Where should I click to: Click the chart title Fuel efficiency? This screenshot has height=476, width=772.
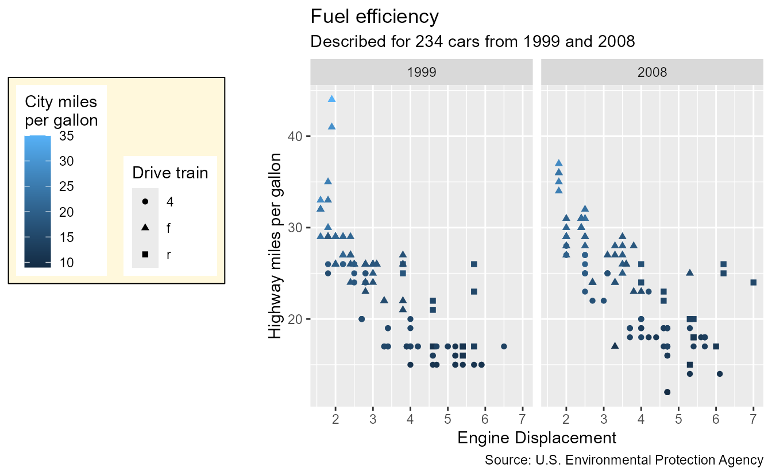(x=375, y=17)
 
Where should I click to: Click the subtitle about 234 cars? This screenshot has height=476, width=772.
(x=472, y=42)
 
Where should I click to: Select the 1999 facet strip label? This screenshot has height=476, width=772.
(x=422, y=73)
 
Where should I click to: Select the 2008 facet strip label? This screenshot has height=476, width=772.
(x=652, y=73)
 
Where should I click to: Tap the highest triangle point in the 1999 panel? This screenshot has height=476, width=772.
(x=331, y=99)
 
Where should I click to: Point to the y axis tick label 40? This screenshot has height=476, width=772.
(x=296, y=136)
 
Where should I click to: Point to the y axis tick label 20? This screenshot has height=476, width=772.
(x=296, y=319)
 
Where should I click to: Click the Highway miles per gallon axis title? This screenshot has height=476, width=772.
(x=276, y=245)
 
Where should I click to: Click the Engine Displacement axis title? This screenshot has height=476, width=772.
(x=536, y=438)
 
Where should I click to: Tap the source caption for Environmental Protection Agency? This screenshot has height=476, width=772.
(x=624, y=460)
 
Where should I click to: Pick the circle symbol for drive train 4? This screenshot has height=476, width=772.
(x=145, y=202)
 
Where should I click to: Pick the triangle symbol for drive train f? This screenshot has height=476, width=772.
(x=145, y=228)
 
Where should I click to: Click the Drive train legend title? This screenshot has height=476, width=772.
(x=170, y=173)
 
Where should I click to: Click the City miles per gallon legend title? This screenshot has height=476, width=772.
(x=61, y=111)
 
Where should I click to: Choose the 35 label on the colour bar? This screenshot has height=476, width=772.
(x=66, y=136)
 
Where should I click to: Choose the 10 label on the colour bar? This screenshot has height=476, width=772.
(x=66, y=263)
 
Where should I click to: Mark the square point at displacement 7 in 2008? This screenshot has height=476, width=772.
(x=753, y=282)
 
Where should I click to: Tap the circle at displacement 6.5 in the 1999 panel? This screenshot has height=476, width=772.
(x=504, y=346)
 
